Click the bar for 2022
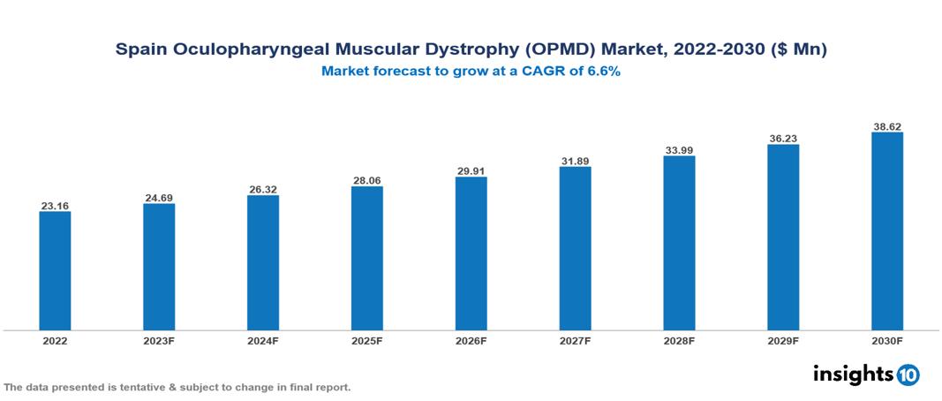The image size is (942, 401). (x=55, y=270)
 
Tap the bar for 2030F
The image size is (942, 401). (x=886, y=231)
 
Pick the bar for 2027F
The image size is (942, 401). (x=575, y=248)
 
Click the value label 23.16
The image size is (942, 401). (x=55, y=206)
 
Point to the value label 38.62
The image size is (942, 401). (x=886, y=127)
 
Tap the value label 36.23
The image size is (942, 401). (x=783, y=139)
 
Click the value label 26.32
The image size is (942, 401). (x=263, y=189)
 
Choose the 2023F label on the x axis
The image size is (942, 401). (x=159, y=340)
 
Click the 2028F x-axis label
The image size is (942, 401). (x=679, y=340)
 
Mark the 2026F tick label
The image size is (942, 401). (x=471, y=340)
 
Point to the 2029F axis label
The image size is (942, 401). (x=783, y=340)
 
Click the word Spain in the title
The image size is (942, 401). (x=140, y=50)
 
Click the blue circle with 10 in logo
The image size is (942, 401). (x=908, y=375)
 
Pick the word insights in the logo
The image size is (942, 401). (x=852, y=374)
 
